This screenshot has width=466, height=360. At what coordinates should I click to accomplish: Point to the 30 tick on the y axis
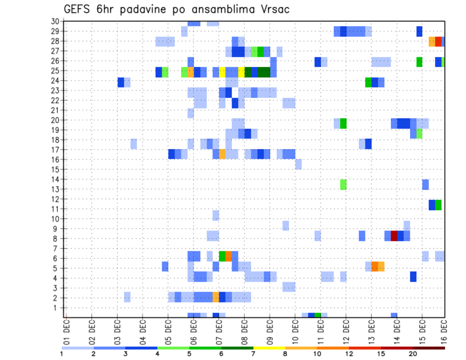coord(55,21)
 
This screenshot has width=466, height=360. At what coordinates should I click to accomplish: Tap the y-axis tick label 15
coord(55,169)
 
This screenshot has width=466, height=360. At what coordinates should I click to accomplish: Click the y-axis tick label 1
coord(57,308)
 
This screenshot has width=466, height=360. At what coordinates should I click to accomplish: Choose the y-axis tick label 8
coord(57,239)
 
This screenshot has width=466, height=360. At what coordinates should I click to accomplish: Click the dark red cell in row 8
coord(394,236)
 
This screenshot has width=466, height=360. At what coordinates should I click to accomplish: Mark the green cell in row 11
coord(438,205)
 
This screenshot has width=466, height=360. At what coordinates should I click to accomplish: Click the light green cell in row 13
coord(343,184)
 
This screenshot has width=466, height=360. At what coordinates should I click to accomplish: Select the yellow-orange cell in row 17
coord(222,154)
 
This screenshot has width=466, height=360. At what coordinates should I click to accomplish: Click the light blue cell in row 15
coord(298,164)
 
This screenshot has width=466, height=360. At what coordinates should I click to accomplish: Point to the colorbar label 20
coord(413,354)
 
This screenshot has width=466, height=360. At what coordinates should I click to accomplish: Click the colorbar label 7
coord(253,354)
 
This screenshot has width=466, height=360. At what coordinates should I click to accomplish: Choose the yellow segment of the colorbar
coord(269,348)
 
